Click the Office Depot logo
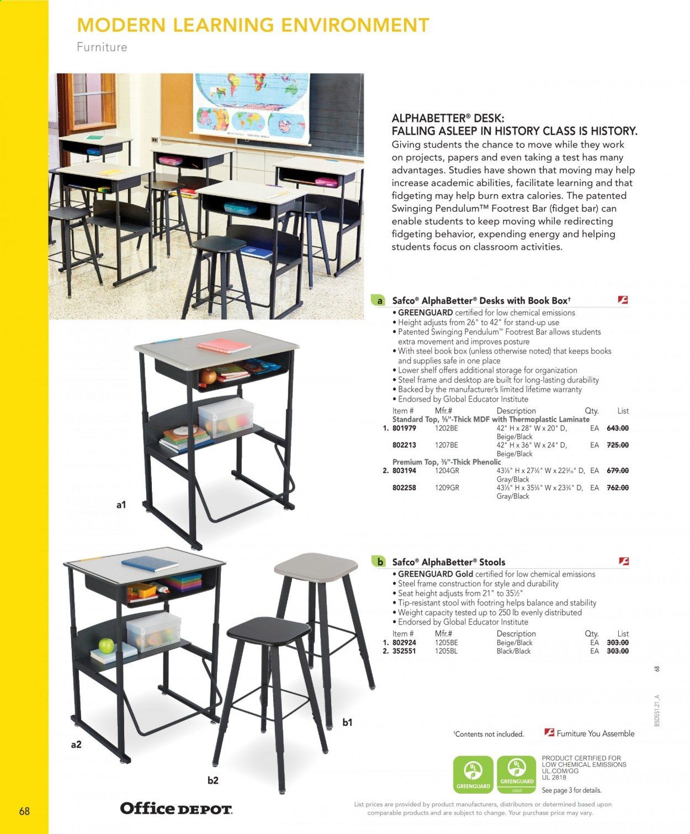176,809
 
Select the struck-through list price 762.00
617,487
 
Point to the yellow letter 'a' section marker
379,301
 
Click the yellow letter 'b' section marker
379,562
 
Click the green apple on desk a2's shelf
106,645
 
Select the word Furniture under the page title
102,47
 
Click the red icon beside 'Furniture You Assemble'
549,733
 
